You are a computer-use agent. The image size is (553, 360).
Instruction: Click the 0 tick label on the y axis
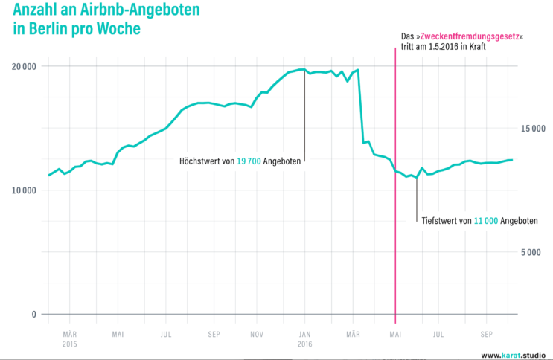coord(33,314)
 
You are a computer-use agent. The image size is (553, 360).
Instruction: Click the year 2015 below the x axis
coord(69,344)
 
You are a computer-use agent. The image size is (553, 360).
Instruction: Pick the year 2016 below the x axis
coord(304,344)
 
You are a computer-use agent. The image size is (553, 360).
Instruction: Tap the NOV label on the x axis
coord(256,335)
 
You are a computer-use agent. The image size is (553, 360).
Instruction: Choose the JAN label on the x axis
coord(304,335)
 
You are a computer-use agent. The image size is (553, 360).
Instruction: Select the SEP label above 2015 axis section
coord(214,335)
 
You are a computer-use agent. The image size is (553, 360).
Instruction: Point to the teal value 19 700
coord(248,161)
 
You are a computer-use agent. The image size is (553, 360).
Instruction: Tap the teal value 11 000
coord(486,221)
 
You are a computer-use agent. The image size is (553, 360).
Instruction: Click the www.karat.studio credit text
coord(514,354)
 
